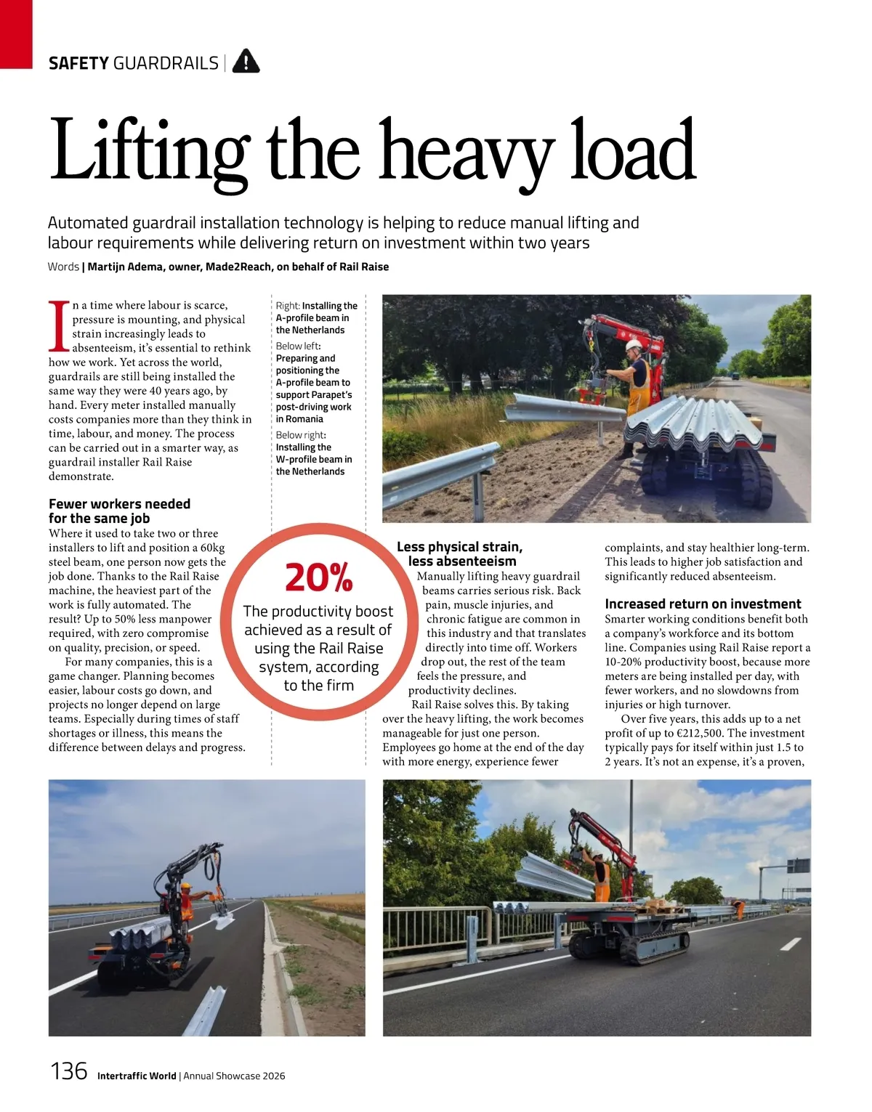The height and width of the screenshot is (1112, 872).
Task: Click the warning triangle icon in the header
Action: (246, 62)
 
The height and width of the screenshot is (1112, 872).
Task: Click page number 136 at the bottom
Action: (68, 1071)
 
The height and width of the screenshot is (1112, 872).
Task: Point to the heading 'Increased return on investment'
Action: (703, 604)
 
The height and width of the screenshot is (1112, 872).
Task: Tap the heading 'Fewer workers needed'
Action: (119, 503)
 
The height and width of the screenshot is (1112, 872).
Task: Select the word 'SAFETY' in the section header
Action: (78, 63)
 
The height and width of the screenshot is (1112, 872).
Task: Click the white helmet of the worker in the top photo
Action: (634, 345)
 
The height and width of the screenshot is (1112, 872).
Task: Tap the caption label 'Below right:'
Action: (301, 435)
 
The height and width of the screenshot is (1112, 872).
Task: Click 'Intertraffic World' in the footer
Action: (137, 1076)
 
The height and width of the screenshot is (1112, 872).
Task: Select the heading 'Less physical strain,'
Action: (459, 546)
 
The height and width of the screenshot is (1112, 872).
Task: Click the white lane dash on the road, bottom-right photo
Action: (790, 944)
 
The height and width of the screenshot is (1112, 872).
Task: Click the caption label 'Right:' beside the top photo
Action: (288, 306)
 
